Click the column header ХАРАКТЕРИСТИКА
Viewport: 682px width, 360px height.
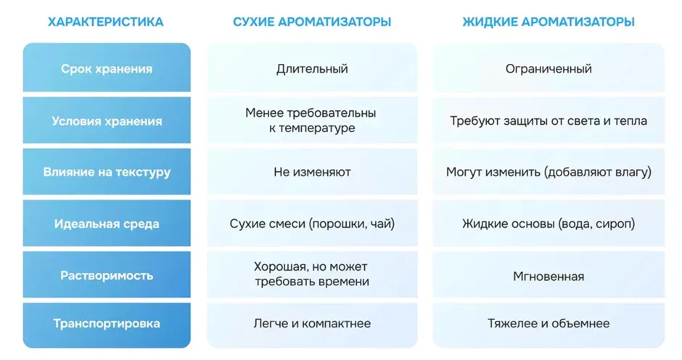106,22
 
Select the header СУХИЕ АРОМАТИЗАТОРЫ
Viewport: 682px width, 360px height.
312,22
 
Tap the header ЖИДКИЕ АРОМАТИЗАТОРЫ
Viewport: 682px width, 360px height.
549,22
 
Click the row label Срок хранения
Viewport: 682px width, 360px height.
107,69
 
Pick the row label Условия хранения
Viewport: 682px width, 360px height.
107,121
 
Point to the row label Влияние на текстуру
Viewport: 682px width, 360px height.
107,172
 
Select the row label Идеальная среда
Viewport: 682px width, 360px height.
107,224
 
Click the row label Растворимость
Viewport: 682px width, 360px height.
107,276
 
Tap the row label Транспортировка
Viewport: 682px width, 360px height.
107,324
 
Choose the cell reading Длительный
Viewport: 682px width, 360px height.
312,69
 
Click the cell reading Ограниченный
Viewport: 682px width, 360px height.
549,69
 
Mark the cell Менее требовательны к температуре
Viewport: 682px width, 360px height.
311,120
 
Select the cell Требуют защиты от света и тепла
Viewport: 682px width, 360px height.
549,120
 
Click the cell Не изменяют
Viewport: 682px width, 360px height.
312,172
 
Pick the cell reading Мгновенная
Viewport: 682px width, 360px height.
549,277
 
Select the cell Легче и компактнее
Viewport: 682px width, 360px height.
312,324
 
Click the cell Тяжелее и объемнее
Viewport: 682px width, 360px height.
549,324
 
